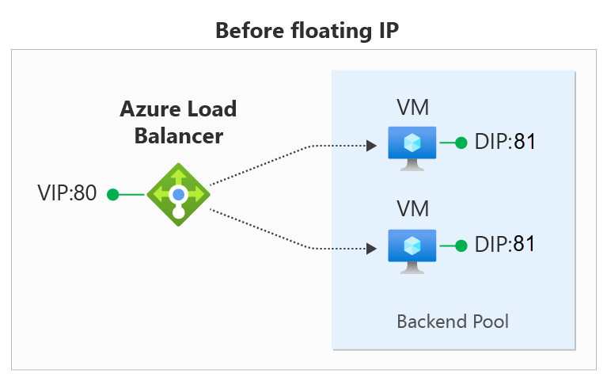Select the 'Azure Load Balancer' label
(178, 121)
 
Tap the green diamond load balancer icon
(179, 193)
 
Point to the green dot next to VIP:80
(112, 193)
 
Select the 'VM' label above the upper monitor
(412, 107)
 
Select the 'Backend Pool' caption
(452, 322)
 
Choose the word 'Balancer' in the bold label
(178, 135)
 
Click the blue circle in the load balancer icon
(179, 193)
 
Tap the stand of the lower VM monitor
(412, 267)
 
